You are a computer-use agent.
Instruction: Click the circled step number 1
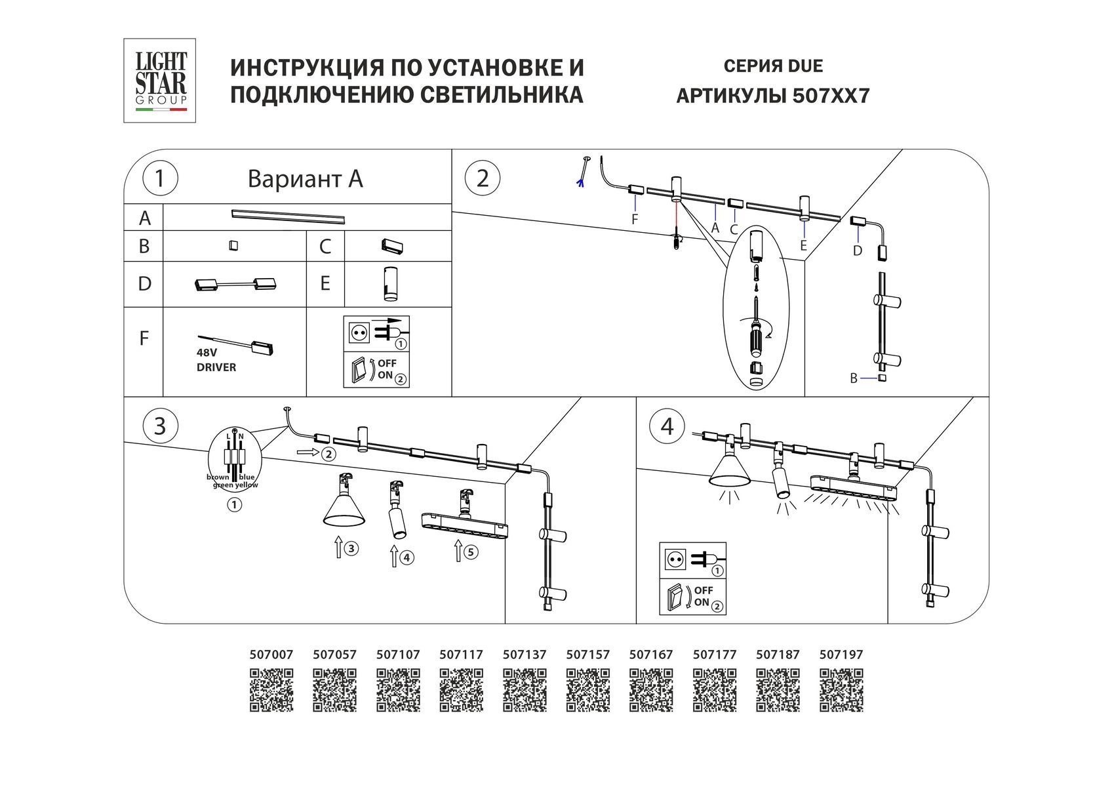159,178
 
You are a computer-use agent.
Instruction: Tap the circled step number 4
667,426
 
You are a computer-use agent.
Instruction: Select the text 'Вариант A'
305,179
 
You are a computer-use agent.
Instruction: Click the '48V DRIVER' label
216,360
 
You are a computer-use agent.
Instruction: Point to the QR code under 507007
271,690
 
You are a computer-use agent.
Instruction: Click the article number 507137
525,655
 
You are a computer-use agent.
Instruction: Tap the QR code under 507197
841,690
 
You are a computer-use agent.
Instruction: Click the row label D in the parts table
144,283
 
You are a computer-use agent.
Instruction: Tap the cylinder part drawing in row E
391,284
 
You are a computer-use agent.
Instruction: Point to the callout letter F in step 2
634,220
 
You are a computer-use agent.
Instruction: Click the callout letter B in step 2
854,378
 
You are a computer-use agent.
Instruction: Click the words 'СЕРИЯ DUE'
773,66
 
